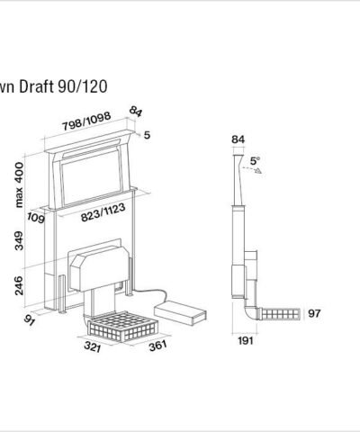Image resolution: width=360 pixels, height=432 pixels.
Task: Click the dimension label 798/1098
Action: tap(86, 121)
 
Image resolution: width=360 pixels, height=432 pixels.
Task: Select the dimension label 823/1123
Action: tap(103, 212)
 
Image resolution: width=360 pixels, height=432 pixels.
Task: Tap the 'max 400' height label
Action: tap(19, 184)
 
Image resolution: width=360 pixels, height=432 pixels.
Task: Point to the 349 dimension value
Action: tap(19, 240)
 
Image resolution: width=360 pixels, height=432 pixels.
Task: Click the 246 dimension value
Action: tap(19, 285)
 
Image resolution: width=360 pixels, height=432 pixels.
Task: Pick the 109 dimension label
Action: tap(36, 218)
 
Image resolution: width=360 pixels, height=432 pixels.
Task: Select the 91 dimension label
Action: tap(30, 319)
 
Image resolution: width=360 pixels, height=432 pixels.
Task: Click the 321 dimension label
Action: tap(93, 346)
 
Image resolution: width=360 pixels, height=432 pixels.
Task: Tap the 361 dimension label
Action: tap(157, 346)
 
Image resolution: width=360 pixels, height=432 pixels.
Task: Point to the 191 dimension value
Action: tap(246, 340)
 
